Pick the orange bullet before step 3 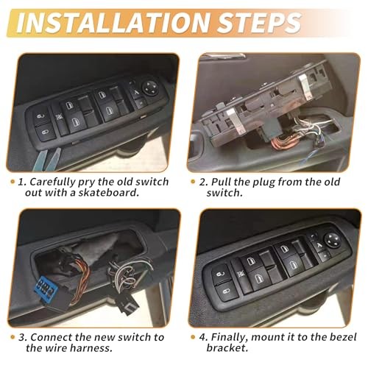[x=13, y=337]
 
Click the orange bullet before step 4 [x=194, y=337]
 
